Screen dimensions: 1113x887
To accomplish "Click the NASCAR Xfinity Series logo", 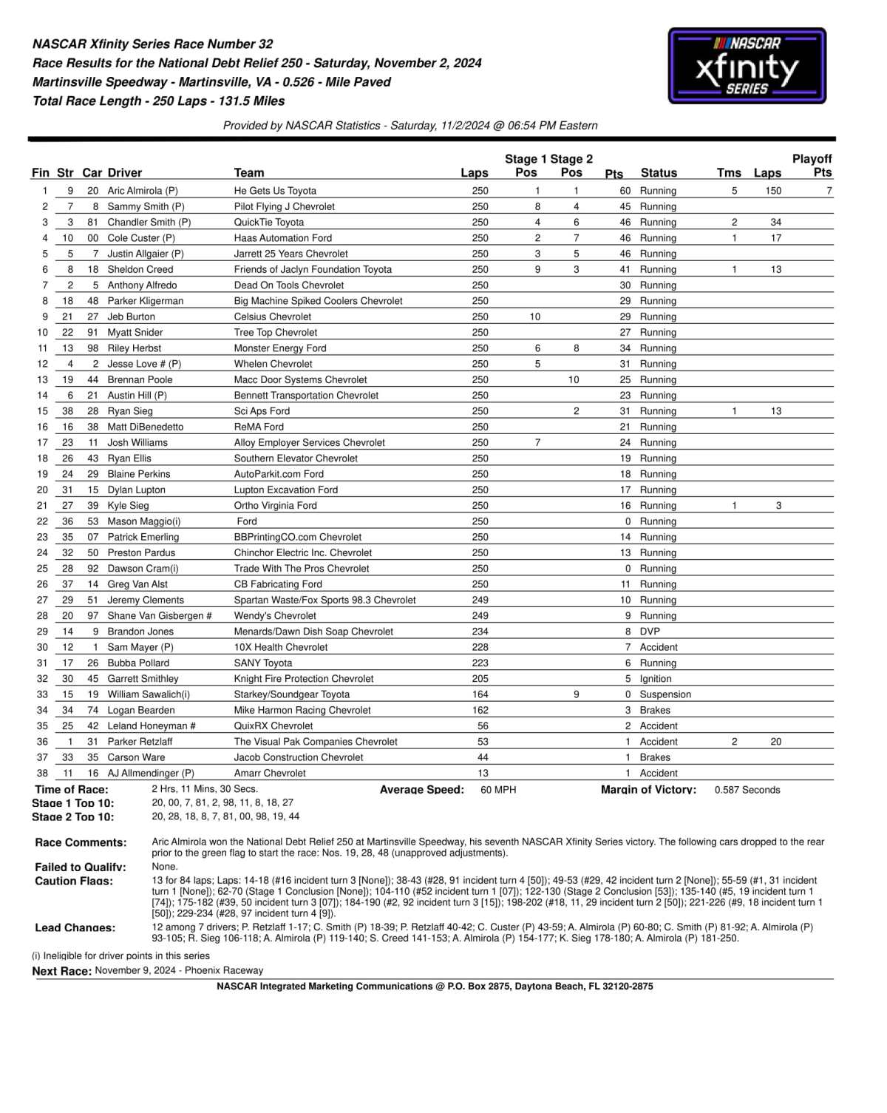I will click(747, 67).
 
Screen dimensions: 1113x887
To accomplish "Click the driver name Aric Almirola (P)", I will click(143, 191).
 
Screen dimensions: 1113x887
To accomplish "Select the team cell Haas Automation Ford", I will click(283, 238).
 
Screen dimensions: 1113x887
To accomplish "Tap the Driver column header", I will click(125, 173).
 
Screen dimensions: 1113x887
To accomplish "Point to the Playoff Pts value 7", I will click(829, 191).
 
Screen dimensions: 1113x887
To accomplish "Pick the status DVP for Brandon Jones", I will click(650, 632).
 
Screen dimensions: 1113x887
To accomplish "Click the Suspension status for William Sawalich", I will click(665, 694).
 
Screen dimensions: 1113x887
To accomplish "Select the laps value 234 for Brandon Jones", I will click(480, 632).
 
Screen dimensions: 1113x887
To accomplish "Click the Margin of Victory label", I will click(648, 790).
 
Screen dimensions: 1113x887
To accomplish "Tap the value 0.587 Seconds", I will click(747, 790).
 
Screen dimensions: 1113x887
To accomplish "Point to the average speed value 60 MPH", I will click(498, 790).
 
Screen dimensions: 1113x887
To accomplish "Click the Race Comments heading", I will click(81, 842).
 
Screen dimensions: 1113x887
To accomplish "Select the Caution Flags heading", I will click(74, 881).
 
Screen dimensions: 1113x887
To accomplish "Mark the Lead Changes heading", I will click(75, 927).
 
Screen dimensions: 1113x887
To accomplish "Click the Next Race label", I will click(62, 971).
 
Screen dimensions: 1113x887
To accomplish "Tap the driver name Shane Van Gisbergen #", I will click(160, 616).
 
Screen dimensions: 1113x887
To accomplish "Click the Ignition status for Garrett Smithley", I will click(656, 679).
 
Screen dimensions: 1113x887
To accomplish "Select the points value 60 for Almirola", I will click(625, 191).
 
